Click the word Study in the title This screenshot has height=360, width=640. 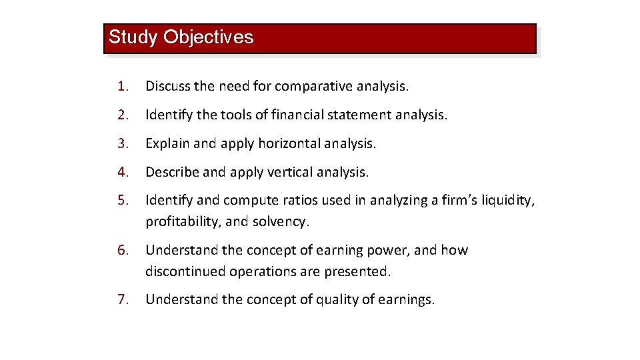click(133, 37)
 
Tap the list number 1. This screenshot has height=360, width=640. click(121, 86)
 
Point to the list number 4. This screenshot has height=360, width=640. click(121, 172)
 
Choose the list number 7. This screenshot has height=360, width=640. click(121, 299)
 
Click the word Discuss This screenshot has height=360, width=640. click(168, 86)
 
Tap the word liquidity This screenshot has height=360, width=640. click(507, 201)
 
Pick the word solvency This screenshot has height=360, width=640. click(284, 221)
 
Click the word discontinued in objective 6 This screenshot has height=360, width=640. click(185, 271)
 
